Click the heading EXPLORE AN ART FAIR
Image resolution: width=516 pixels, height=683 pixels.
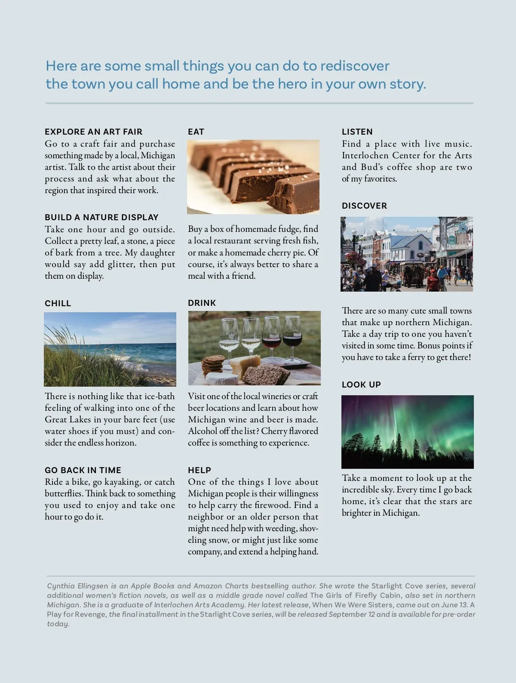[93, 132]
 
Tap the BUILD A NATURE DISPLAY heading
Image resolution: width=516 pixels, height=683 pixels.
[101, 217]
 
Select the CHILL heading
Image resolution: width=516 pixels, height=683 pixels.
[58, 303]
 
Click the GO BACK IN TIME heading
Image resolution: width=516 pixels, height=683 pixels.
[83, 470]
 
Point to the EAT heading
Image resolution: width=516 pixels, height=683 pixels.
[196, 132]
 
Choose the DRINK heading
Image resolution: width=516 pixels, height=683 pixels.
[202, 303]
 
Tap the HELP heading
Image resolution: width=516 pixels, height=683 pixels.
[200, 470]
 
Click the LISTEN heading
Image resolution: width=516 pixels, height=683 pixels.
[357, 132]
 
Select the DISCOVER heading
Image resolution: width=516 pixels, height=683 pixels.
[365, 206]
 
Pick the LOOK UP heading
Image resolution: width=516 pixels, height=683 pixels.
[361, 385]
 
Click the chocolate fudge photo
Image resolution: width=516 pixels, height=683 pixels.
[253, 177]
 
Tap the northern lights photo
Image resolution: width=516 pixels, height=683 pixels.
[407, 432]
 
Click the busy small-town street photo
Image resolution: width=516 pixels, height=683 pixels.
[407, 254]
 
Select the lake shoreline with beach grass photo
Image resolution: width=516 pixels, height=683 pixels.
[110, 349]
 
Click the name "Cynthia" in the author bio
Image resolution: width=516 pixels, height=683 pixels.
[61, 586]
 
